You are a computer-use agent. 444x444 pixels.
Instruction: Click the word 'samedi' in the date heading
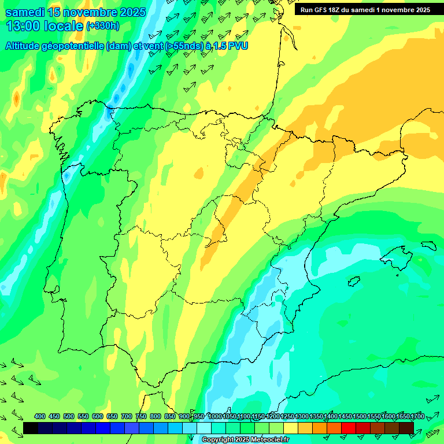point(24,12)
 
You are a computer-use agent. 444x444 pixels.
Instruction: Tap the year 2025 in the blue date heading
point(131,12)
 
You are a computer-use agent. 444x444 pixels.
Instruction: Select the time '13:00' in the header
point(23,26)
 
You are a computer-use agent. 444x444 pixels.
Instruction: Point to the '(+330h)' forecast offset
point(102,26)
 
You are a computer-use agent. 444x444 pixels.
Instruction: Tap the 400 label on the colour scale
point(40,416)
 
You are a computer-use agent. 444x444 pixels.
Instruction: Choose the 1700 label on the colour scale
point(417,416)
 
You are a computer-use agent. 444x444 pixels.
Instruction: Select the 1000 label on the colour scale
point(214,416)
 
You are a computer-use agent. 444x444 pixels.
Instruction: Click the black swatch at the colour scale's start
point(31,428)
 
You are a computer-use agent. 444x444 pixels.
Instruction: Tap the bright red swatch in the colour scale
point(348,428)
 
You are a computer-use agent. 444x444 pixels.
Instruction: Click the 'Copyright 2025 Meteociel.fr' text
point(245,440)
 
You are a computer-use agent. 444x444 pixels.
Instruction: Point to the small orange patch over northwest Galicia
point(16,98)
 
